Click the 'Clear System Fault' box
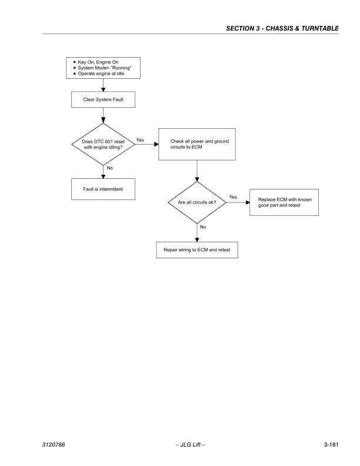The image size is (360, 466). point(103,99)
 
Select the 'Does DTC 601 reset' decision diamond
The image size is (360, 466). point(103,144)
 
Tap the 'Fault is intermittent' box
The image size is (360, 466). point(103,189)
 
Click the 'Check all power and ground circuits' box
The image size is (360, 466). point(197,144)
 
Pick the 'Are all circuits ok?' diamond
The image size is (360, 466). point(197,202)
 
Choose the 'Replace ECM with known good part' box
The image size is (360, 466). point(284,202)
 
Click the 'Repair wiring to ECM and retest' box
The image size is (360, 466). point(197,250)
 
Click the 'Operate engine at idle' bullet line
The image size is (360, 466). point(99,74)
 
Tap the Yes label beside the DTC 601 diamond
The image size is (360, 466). point(140,140)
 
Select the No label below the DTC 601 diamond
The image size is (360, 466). point(110,168)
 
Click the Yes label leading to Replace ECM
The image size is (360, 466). point(233,197)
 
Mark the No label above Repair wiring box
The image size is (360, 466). point(203,227)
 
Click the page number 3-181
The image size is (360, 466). point(331,445)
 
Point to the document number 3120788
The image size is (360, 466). point(54,445)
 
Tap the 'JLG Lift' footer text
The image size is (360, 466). point(191,445)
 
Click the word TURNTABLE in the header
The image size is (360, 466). point(320,28)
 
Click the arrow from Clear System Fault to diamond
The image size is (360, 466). point(103,115)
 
